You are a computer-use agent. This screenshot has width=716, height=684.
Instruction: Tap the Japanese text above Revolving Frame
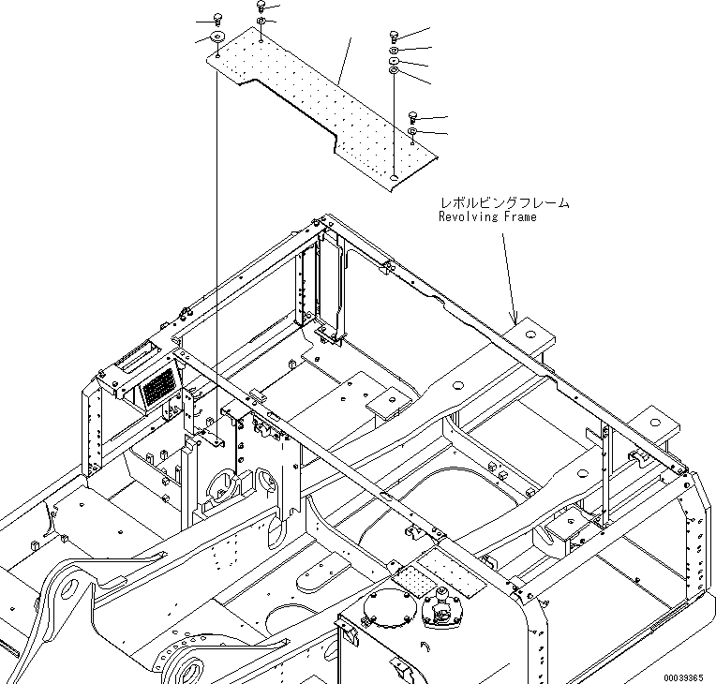[x=505, y=202]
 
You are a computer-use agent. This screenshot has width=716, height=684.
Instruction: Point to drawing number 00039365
[x=683, y=678]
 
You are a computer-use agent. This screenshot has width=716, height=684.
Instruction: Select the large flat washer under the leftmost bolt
[x=217, y=37]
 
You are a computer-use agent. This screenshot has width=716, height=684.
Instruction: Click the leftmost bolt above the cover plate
[x=217, y=19]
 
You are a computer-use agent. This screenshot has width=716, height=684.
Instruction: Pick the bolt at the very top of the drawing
[x=261, y=6]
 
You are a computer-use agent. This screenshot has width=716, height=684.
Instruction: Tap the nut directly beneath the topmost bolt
[x=261, y=21]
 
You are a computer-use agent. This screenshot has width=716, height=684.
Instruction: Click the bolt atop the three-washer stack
[x=394, y=37]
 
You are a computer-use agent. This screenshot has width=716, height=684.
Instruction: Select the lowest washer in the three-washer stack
[x=394, y=70]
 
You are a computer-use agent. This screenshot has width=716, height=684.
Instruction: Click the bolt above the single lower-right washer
[x=412, y=117]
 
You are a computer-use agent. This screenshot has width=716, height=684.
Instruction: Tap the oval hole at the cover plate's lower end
[x=395, y=177]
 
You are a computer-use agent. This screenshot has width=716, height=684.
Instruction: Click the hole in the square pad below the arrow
[x=530, y=335]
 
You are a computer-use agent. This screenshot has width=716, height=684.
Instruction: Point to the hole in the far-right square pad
[x=655, y=423]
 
